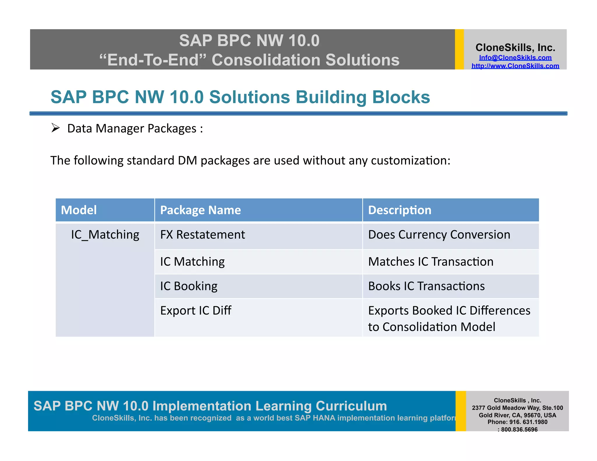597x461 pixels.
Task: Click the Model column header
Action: coord(79,210)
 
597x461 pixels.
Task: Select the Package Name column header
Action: coord(201,210)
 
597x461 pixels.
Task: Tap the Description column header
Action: coord(400,210)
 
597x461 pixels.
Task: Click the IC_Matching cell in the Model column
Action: coord(105,235)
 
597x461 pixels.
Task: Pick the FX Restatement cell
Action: coord(203,235)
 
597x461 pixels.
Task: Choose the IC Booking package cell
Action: coord(189,286)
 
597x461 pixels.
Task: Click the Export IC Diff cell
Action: coord(196,311)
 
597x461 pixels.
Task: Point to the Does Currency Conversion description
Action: coord(439,235)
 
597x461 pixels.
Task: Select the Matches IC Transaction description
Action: coord(431,262)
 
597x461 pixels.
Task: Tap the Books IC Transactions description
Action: coord(426,286)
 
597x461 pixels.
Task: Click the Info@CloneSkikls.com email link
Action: coord(515,58)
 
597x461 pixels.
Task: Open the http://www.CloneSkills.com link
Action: coord(515,66)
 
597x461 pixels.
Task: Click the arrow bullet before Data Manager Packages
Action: coord(55,128)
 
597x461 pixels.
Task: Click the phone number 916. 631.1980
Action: coord(528,422)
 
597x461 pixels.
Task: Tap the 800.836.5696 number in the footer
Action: coord(519,430)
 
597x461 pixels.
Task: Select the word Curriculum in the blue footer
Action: coord(351,406)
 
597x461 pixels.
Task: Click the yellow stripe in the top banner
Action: coord(459,49)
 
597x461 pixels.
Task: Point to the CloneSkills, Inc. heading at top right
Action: coord(515,47)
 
